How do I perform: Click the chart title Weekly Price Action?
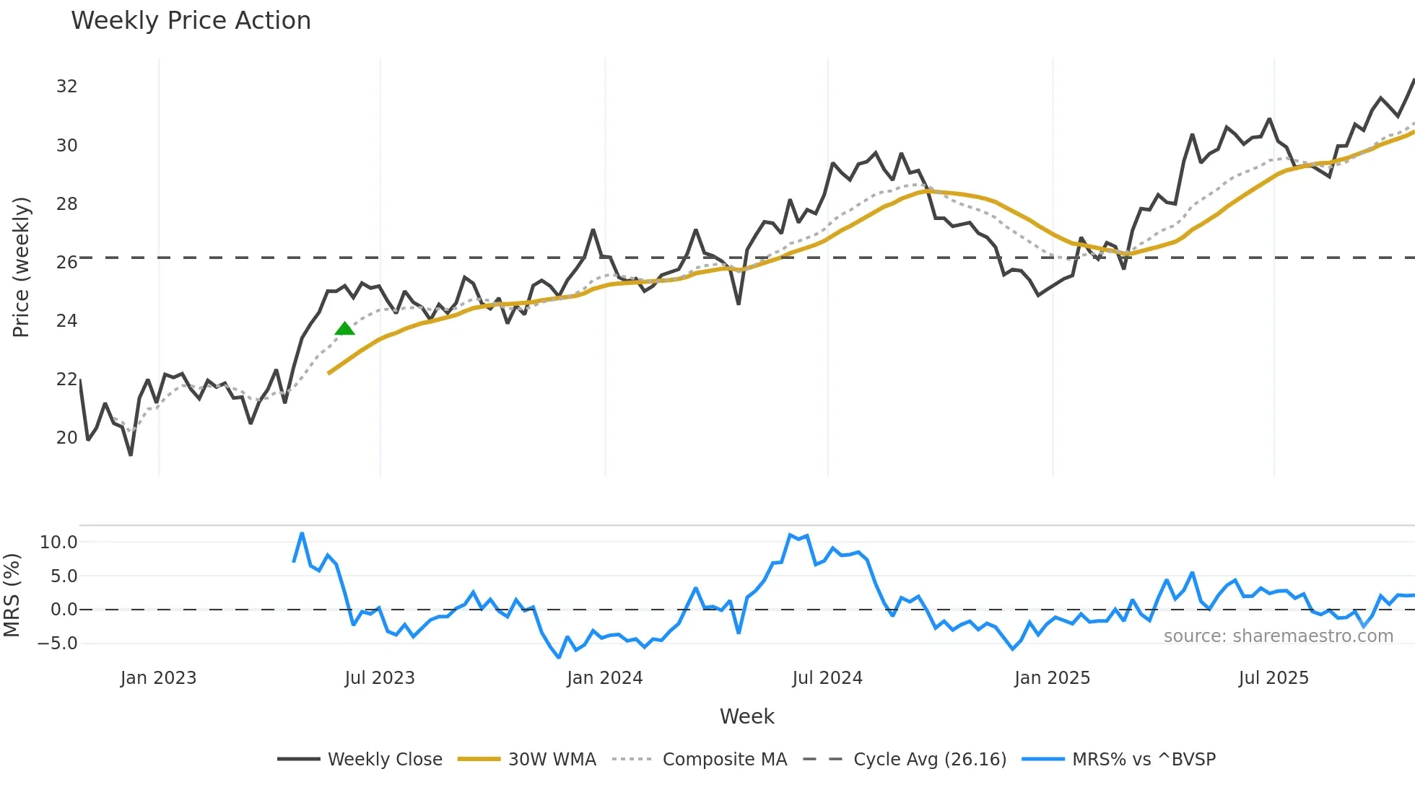191,21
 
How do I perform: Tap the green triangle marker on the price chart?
344,329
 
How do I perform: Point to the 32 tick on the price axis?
66,87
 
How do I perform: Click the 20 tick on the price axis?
66,438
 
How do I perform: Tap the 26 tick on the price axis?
66,262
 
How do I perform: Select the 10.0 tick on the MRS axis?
58,543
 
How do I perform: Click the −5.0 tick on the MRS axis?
58,644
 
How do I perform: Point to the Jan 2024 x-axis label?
604,678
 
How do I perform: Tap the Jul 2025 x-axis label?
1273,678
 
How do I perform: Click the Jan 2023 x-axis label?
158,678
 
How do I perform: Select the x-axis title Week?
746,716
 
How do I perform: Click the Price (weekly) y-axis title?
21,267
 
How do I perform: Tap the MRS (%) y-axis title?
12,595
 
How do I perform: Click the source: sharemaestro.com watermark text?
1278,636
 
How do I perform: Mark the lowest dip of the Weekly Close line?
131,454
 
